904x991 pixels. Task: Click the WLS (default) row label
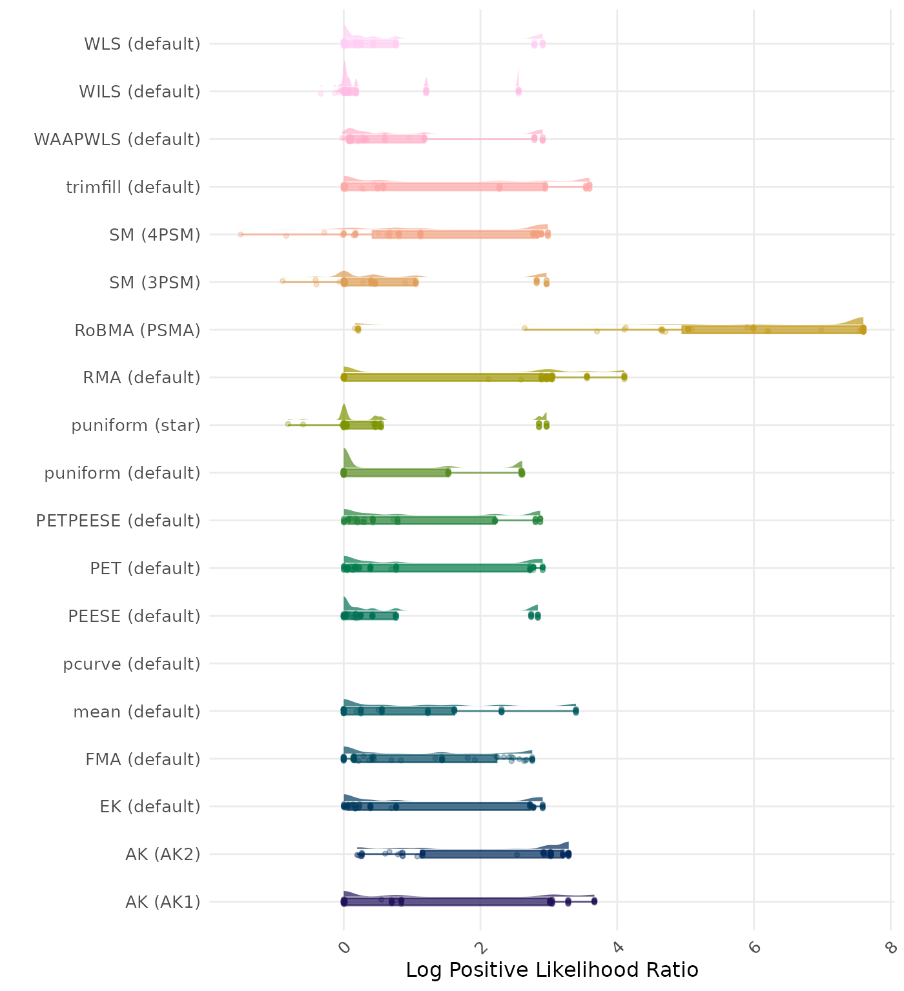coord(142,44)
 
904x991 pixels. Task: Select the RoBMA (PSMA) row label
coord(138,330)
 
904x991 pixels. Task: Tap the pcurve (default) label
coord(132,664)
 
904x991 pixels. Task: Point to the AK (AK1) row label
coord(163,902)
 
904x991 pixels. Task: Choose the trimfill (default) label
coord(133,187)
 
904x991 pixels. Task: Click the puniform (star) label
coord(136,425)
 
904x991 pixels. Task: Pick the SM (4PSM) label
coord(155,235)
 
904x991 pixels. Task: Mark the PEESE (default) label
coord(134,616)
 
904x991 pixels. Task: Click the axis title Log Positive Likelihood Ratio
coord(552,970)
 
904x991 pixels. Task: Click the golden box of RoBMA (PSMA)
coord(772,330)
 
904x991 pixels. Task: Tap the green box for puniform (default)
coord(396,473)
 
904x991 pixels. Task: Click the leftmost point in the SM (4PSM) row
coord(240,234)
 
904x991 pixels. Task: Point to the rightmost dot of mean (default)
coord(575,711)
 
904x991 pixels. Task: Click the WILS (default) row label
coord(139,92)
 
